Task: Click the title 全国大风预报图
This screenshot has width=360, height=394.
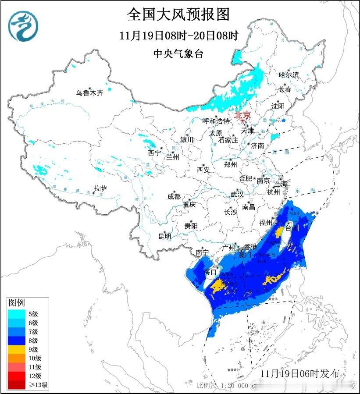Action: point(178,14)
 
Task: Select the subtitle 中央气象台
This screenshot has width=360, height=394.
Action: point(178,54)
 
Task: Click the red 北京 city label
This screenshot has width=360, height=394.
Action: point(242,115)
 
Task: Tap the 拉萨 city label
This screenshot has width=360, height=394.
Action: point(100,188)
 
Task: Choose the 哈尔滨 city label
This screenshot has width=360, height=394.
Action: point(289,75)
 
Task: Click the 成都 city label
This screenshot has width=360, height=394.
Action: point(174,197)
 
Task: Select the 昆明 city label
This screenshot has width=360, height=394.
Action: point(165,236)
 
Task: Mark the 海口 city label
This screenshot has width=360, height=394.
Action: point(211,272)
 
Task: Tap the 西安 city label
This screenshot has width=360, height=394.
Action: point(203,170)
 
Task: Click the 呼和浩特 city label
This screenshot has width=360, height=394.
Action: point(216,121)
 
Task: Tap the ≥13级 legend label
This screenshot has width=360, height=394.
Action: point(38,385)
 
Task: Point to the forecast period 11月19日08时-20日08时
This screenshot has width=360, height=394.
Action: point(178,35)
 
